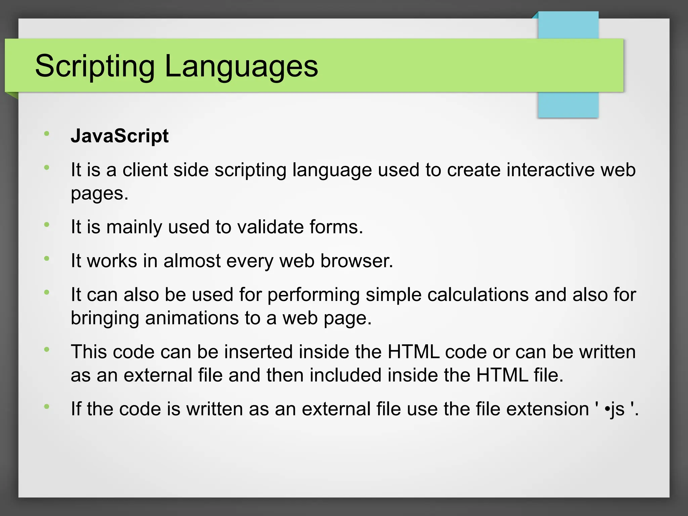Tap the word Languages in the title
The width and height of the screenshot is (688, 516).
(241, 66)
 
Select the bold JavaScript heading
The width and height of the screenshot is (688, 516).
(120, 136)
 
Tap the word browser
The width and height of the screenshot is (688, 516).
(356, 261)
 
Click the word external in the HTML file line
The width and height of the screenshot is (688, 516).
(158, 375)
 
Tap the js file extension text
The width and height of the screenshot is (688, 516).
(617, 409)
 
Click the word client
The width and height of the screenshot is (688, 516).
(145, 170)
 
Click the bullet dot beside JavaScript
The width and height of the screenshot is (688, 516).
(47, 134)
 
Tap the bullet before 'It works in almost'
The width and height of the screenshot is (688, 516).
(47, 258)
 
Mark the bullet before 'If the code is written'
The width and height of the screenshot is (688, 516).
(47, 406)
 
